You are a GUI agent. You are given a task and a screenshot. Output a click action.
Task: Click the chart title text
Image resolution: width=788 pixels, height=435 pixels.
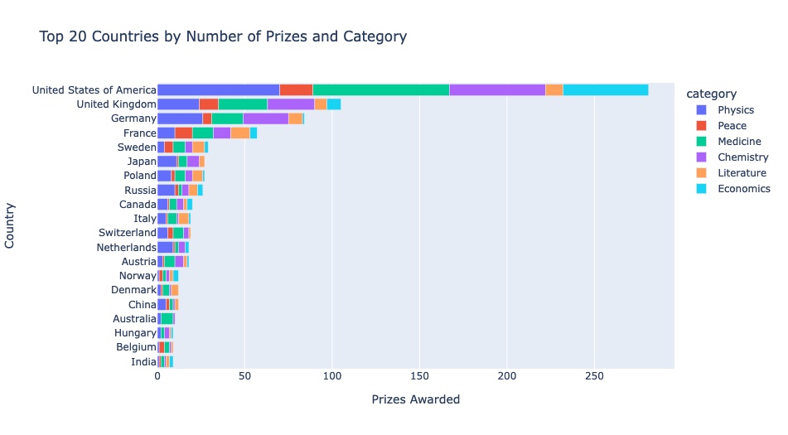(x=223, y=37)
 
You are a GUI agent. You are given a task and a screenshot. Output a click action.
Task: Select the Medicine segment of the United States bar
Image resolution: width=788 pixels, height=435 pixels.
(x=380, y=89)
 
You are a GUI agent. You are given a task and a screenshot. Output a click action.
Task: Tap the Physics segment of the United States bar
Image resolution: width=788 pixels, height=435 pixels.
(x=218, y=89)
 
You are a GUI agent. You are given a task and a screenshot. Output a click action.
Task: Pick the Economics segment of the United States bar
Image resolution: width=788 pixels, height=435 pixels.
(x=606, y=89)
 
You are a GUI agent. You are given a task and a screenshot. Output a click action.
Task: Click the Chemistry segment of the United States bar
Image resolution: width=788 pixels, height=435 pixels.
(x=497, y=89)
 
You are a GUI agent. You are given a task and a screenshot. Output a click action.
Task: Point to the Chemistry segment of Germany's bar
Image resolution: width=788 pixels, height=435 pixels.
(x=265, y=118)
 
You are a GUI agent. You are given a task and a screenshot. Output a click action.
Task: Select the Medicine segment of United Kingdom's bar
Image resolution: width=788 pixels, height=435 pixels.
(x=242, y=104)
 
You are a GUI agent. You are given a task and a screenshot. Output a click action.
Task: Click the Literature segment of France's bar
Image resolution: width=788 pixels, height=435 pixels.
(x=240, y=133)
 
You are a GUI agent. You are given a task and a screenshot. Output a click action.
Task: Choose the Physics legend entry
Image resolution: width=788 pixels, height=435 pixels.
(x=735, y=110)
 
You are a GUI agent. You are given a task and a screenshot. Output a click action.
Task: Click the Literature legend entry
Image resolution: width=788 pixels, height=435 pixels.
(x=742, y=173)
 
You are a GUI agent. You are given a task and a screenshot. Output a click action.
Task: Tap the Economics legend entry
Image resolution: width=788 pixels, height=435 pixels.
(x=743, y=189)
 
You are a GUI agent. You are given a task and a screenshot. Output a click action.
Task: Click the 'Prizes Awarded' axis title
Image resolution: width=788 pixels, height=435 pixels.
(x=415, y=400)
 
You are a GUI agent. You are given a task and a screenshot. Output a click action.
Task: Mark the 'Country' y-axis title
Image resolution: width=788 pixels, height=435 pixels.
(x=11, y=225)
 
